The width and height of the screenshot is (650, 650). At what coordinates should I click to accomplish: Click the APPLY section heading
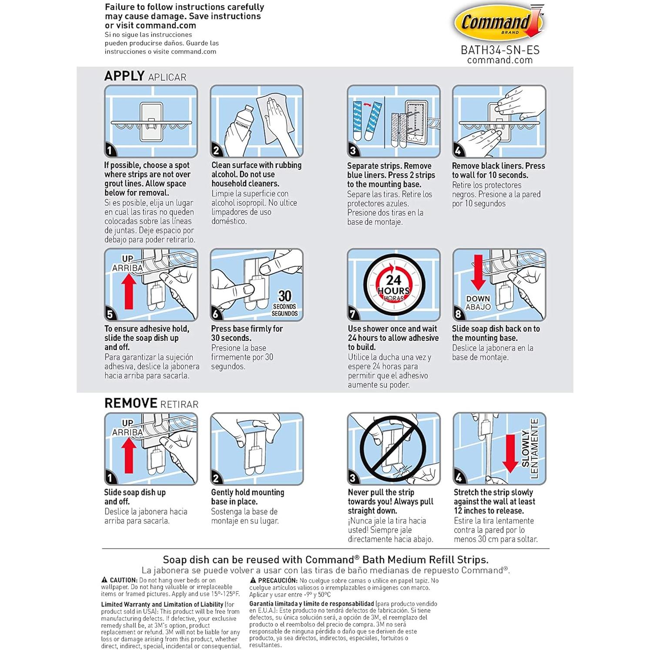pyautogui.click(x=124, y=76)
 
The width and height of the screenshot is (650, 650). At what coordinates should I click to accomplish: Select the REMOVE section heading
pyautogui.click(x=131, y=403)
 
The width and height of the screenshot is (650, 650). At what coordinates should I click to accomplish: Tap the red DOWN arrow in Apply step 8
pyautogui.click(x=478, y=272)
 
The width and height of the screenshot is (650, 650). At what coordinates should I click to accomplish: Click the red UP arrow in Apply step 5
pyautogui.click(x=129, y=291)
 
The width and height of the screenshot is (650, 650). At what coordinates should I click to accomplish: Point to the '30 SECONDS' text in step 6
pyautogui.click(x=285, y=302)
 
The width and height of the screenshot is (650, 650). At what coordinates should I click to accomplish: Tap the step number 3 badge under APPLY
pyautogui.click(x=353, y=151)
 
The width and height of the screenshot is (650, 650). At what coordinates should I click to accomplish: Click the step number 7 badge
pyautogui.click(x=353, y=314)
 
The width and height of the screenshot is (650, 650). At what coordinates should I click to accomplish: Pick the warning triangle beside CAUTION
pyautogui.click(x=104, y=580)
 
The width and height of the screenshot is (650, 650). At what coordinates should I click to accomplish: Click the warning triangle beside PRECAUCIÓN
pyautogui.click(x=253, y=580)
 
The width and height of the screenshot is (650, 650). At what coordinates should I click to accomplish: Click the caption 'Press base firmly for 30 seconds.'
pyautogui.click(x=247, y=333)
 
